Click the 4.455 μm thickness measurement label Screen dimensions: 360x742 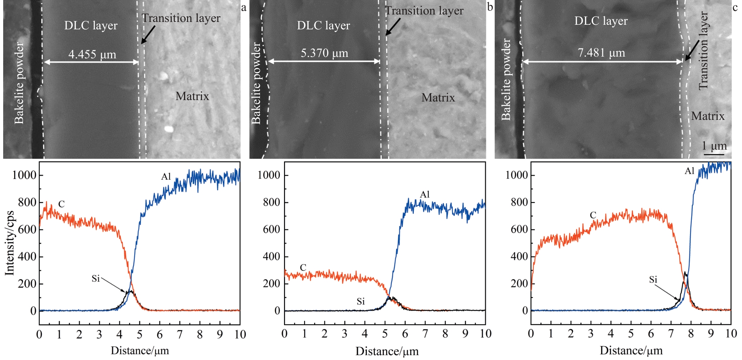(x=92, y=54)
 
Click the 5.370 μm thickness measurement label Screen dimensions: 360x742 (x=324, y=53)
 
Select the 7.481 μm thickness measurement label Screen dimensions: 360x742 (x=601, y=53)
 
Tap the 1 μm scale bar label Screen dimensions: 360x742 (x=714, y=146)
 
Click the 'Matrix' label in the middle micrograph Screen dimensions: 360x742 (x=438, y=98)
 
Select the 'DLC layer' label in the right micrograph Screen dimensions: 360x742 (x=601, y=21)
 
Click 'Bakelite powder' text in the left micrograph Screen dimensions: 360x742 (x=19, y=83)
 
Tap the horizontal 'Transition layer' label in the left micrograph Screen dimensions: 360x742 (x=181, y=18)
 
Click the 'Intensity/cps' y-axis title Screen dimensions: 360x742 (x=10, y=243)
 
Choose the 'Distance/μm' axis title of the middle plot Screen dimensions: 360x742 (x=387, y=351)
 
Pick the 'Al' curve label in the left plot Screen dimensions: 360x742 (x=166, y=176)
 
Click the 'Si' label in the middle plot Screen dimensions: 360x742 (x=360, y=301)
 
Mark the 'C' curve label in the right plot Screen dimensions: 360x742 (x=593, y=215)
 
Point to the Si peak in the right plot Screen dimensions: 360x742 (x=685, y=273)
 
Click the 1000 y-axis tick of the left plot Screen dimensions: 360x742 (x=24, y=175)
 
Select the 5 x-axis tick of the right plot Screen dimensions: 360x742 (x=631, y=333)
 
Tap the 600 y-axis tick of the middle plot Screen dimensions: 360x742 (x=271, y=230)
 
